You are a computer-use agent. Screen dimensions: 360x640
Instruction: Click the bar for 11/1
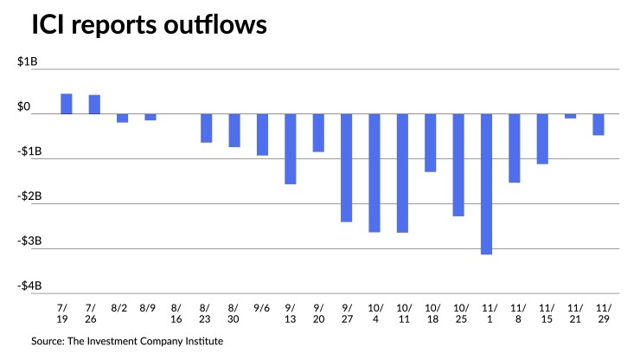point(487,183)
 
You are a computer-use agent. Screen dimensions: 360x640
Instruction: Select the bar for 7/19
point(67,104)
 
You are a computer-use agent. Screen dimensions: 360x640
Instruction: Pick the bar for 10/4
point(374,173)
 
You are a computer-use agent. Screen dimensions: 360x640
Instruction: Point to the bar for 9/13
point(291,149)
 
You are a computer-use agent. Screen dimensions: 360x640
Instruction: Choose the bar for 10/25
point(458,164)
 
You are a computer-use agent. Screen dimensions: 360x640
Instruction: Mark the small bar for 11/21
point(571,116)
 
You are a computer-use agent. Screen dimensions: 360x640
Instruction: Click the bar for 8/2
point(123,118)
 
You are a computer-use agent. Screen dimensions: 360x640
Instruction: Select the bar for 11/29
point(598,125)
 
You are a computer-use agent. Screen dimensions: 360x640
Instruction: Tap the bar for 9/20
point(318,132)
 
